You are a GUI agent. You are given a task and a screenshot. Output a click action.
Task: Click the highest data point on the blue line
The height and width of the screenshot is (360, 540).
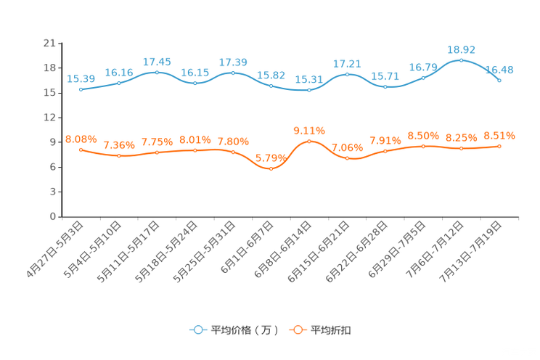coord(461,60)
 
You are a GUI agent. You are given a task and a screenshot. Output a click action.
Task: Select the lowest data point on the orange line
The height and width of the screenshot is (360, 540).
coord(271,168)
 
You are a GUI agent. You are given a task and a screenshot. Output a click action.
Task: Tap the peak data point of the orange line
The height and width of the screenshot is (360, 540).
coord(309,141)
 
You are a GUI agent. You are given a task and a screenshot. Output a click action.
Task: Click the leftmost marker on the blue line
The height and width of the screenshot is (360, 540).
coord(81,89)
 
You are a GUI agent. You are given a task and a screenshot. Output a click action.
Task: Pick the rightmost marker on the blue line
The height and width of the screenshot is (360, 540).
coord(499,80)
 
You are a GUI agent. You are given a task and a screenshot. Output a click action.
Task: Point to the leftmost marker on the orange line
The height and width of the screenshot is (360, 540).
coord(81,149)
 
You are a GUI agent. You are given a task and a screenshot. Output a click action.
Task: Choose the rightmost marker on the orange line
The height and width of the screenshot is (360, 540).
coord(499,147)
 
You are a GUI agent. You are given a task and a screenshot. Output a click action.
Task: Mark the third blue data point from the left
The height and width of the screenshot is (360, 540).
coord(157,72)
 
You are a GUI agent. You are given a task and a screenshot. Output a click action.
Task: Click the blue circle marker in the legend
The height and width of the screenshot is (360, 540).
coord(197,330)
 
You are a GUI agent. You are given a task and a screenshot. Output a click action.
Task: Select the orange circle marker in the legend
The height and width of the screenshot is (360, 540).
coord(298,330)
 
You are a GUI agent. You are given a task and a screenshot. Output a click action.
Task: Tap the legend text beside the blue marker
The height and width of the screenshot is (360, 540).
coord(244,330)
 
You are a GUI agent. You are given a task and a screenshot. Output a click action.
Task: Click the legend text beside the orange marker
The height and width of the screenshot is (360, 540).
coord(332,330)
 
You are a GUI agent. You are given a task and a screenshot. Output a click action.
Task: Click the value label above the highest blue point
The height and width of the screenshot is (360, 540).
coord(461,49)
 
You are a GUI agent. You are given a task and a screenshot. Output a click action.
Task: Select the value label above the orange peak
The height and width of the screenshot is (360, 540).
coord(309,131)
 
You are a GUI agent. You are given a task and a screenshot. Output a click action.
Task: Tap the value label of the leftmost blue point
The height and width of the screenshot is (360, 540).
coord(81,78)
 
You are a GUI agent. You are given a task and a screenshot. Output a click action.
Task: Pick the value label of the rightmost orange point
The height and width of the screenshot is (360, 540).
coord(499,136)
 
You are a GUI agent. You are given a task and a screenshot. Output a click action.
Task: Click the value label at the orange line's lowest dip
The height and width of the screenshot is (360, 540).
coord(271,157)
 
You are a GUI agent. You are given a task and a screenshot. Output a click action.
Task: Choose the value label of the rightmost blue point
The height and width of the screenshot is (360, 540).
coord(499,70)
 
